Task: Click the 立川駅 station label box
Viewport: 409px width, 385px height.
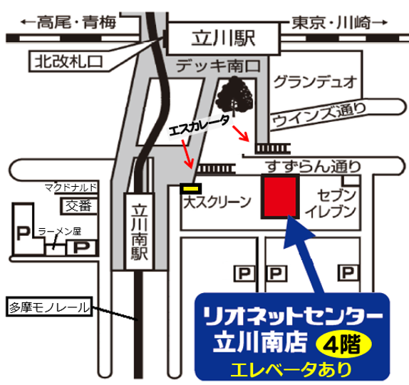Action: [223, 38]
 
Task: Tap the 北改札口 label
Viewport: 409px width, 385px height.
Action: [69, 62]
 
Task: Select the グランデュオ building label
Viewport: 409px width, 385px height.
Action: [315, 82]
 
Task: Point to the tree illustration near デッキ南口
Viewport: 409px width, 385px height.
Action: [235, 96]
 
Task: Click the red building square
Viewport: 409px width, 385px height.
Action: [280, 196]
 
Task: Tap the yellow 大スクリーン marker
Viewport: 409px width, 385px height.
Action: [191, 188]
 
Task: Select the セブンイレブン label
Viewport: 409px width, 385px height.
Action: [331, 204]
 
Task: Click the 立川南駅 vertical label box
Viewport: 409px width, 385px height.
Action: [139, 232]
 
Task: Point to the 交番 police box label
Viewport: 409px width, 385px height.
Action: [78, 206]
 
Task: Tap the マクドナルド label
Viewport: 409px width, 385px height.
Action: [71, 187]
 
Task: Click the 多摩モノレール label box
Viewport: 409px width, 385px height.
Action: [49, 307]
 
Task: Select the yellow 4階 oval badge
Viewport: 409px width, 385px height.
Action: [343, 344]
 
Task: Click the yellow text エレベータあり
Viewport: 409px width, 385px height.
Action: [291, 369]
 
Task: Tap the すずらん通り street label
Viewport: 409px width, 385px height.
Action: [313, 166]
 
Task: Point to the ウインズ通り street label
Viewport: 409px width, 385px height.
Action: [319, 115]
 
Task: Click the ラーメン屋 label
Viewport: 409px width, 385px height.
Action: [60, 231]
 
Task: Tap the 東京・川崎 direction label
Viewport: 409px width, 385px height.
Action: [339, 23]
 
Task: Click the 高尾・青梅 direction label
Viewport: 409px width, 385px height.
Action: [68, 22]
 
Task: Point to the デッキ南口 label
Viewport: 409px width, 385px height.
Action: [218, 66]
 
